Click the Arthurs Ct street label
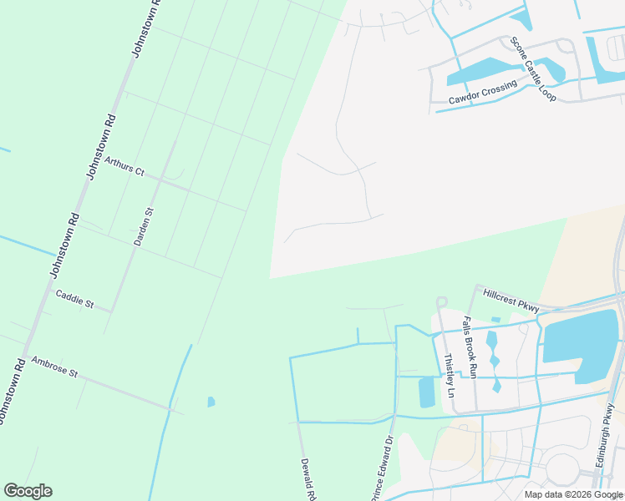click(x=124, y=165)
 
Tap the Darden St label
click(x=144, y=226)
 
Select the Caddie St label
click(x=74, y=298)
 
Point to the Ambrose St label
click(x=53, y=367)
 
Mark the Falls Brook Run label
click(x=470, y=347)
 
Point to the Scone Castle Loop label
click(x=534, y=70)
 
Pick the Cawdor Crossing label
click(x=483, y=92)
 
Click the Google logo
click(x=28, y=491)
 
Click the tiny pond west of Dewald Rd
click(x=211, y=402)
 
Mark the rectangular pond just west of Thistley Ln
click(x=426, y=392)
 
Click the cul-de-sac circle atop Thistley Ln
click(x=441, y=301)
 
